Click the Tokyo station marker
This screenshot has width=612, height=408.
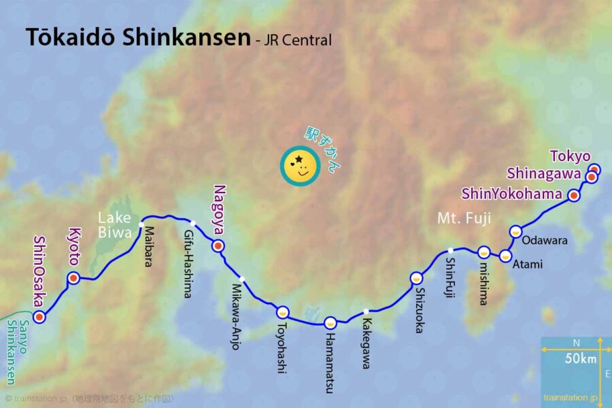tap(594, 169)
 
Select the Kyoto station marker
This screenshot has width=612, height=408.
tap(73, 277)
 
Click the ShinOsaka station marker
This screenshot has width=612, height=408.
tap(39, 316)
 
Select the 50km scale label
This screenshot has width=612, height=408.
tap(580, 359)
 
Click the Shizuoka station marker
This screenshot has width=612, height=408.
tap(416, 277)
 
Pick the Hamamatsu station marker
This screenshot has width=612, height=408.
tap(330, 322)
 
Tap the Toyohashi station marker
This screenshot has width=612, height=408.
tap(283, 312)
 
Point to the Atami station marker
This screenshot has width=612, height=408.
tap(505, 256)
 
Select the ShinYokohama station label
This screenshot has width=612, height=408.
tap(512, 194)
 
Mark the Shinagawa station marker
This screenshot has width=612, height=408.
tap(591, 177)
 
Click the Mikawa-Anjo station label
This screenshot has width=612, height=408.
tap(237, 316)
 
